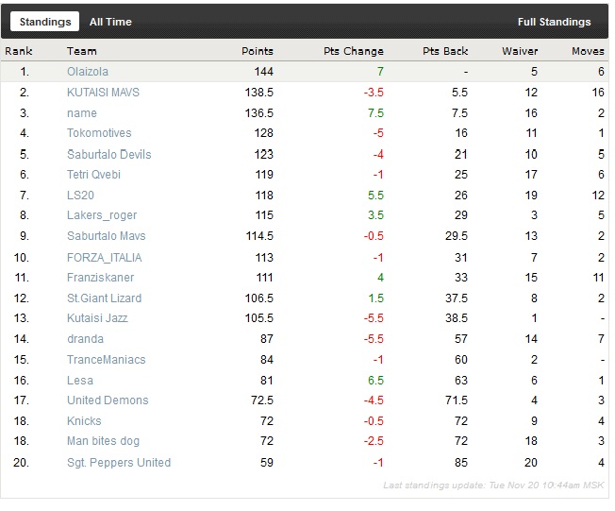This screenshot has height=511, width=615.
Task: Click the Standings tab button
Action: [x=46, y=22]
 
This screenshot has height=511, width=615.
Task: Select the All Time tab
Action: [x=110, y=22]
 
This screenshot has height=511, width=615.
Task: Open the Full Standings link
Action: [x=554, y=22]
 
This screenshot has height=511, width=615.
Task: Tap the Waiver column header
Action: [x=520, y=51]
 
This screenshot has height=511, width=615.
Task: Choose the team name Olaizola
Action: [x=89, y=72]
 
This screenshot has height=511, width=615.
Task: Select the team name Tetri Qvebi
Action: [x=94, y=175]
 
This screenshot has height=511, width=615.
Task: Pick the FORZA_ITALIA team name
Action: [x=104, y=257]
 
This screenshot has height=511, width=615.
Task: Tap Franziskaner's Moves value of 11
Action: [x=598, y=278]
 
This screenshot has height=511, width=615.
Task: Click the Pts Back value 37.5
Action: [x=457, y=298]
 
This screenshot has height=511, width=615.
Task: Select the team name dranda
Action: [x=85, y=339]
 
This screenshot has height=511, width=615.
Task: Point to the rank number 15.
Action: [x=25, y=360]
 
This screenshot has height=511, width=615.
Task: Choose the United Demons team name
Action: [x=108, y=400]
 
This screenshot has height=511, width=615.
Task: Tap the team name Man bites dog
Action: [x=104, y=441]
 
